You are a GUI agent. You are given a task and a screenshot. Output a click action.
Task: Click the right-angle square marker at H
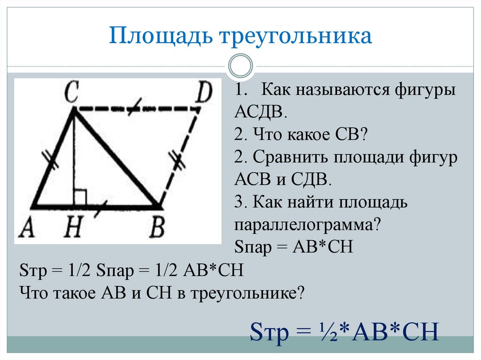80,197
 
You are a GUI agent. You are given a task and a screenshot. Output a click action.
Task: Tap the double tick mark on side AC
52,161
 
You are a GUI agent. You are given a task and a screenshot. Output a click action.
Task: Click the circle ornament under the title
240,66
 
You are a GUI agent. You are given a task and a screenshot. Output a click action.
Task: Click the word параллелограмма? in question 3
307,225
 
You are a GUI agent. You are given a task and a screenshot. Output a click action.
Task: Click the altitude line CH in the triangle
74,160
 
